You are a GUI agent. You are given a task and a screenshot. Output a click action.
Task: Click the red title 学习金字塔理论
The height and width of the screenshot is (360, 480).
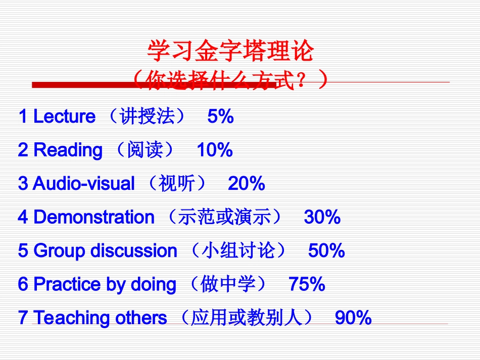tap(230, 52)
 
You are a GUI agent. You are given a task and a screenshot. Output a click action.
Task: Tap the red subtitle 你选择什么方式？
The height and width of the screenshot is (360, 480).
tap(230, 80)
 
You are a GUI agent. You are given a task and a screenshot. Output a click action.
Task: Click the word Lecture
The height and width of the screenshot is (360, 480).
tap(64, 117)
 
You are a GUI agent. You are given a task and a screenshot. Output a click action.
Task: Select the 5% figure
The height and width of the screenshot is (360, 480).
tap(220, 117)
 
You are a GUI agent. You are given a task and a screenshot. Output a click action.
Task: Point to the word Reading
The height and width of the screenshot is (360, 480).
tap(68, 150)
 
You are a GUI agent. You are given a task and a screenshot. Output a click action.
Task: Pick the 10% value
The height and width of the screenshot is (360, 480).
tap(215, 150)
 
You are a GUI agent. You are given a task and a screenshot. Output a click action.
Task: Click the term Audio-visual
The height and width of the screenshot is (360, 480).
tap(84, 184)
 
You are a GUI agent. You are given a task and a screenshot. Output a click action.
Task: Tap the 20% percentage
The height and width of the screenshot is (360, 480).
tap(247, 184)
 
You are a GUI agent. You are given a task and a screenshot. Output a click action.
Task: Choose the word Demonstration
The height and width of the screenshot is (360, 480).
tap(94, 217)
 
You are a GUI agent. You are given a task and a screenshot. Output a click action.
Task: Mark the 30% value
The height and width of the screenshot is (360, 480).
tap(322, 217)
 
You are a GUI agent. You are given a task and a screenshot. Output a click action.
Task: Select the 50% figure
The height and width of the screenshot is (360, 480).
tap(326, 251)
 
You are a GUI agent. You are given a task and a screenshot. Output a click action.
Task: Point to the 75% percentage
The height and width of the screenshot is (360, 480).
tap(307, 284)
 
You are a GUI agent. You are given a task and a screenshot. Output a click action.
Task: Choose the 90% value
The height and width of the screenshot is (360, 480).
tap(353, 318)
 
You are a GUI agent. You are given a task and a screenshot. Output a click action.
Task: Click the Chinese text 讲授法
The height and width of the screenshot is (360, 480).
tap(147, 117)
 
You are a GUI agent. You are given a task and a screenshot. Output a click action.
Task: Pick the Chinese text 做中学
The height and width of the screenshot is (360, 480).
tap(226, 284)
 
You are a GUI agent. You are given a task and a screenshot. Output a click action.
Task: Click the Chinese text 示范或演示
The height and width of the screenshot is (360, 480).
tap(225, 217)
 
